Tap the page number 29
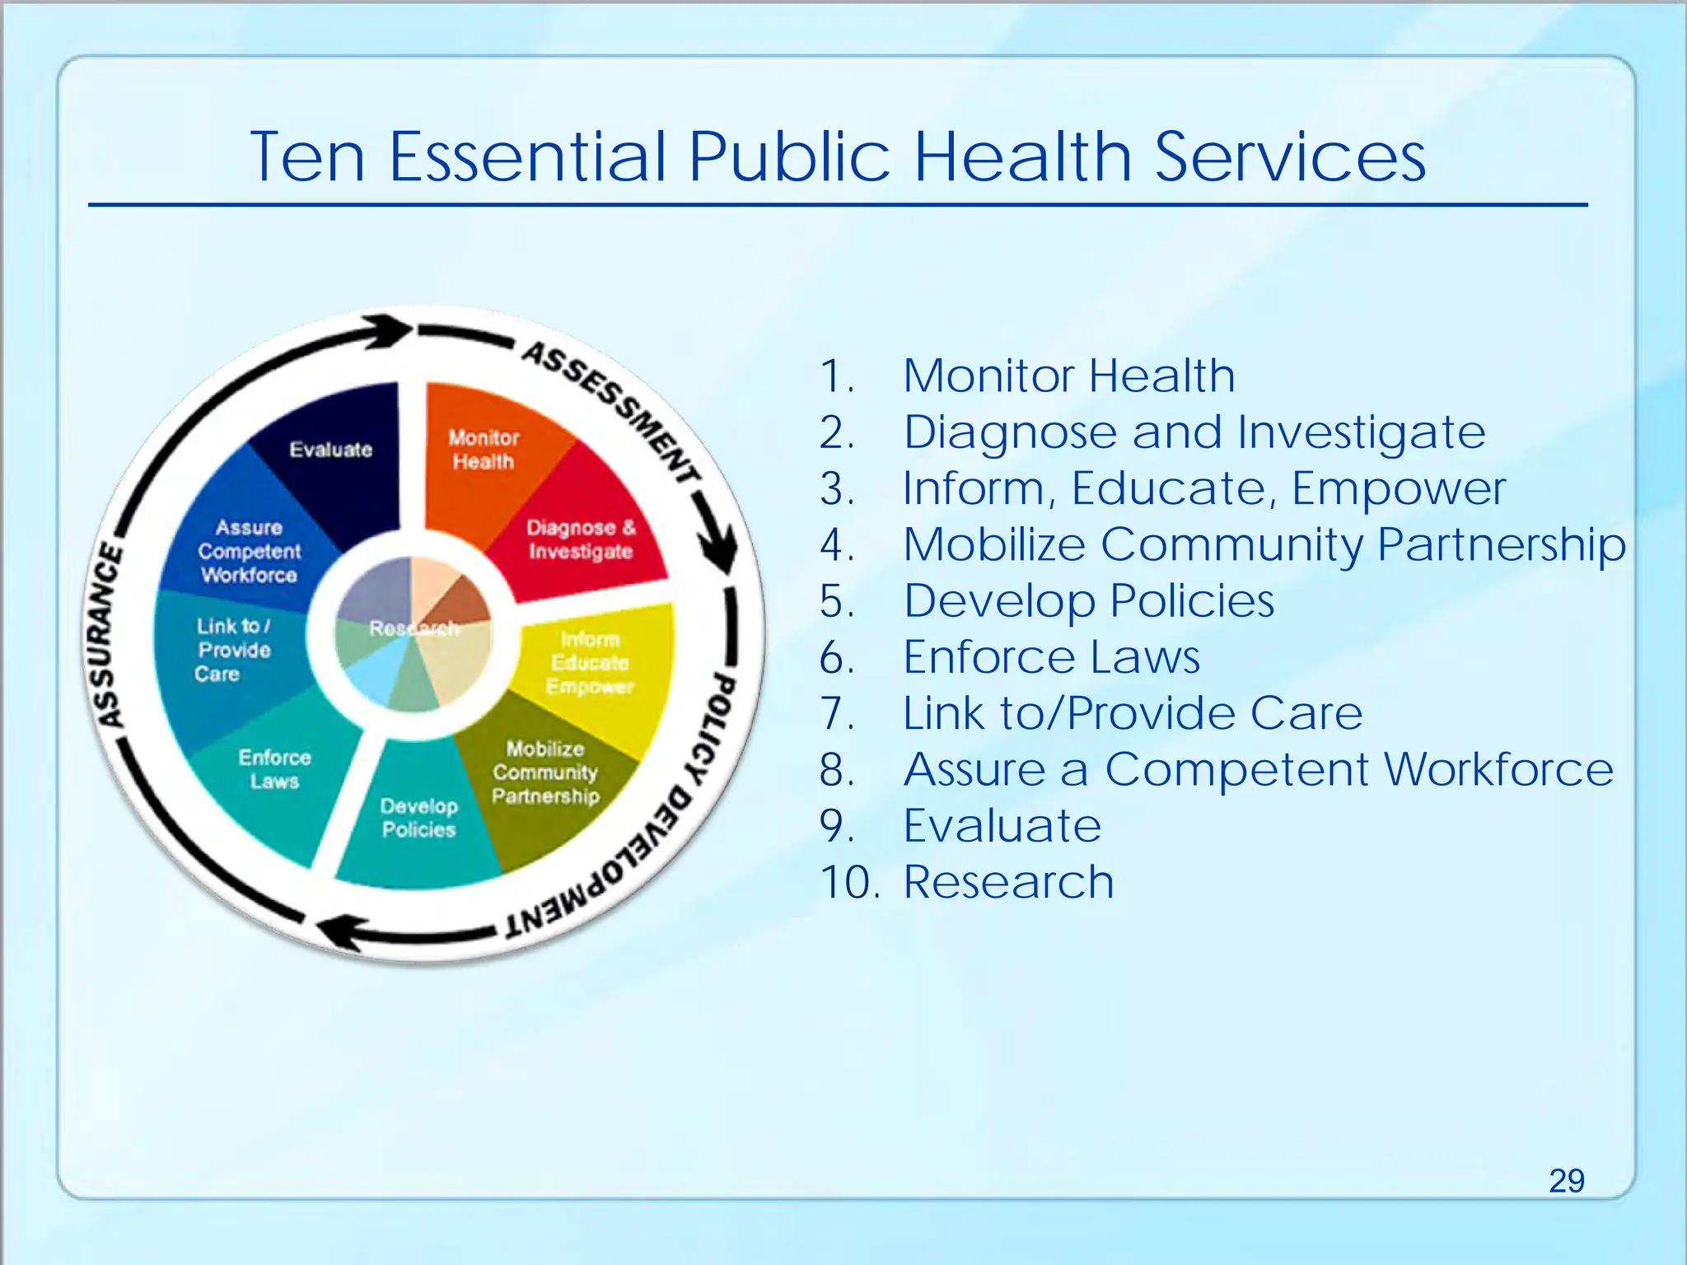(1566, 1181)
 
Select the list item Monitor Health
(1068, 376)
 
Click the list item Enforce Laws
(1051, 657)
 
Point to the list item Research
(1008, 882)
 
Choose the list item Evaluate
(1002, 826)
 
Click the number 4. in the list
(838, 545)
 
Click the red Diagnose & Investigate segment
(581, 539)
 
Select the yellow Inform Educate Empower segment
(590, 663)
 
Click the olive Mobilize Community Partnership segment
(544, 773)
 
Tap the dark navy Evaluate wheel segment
(331, 450)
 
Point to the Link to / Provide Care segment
(233, 650)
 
